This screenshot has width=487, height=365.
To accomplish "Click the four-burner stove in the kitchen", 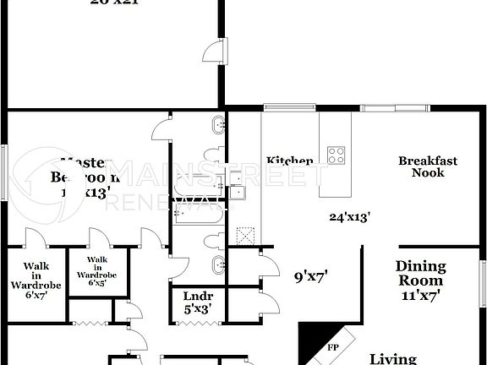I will pyautogui.click(x=336, y=155).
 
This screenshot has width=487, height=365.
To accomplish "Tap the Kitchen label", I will pyautogui.click(x=289, y=161).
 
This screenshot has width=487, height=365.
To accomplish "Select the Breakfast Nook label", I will pyautogui.click(x=428, y=166).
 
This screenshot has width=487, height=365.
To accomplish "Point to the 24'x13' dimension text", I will pyautogui.click(x=350, y=216).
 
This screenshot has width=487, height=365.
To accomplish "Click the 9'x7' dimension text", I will pyautogui.click(x=310, y=275).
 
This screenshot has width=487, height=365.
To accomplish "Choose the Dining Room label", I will pyautogui.click(x=419, y=273).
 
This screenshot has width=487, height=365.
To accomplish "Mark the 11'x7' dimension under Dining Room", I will pyautogui.click(x=419, y=296).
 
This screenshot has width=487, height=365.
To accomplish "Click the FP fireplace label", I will pyautogui.click(x=332, y=346).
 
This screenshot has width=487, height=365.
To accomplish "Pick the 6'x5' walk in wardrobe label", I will pyautogui.click(x=97, y=281).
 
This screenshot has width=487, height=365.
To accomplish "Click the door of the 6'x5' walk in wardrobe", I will pyautogui.click(x=97, y=238).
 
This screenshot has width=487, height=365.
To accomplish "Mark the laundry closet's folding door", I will pyautogui.click(x=88, y=322).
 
